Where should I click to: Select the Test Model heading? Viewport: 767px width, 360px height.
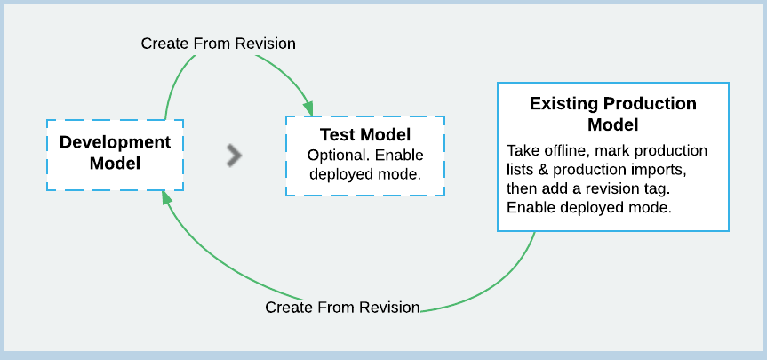point(364,135)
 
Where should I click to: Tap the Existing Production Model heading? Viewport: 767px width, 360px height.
point(612,114)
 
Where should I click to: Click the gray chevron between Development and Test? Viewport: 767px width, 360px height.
point(234,155)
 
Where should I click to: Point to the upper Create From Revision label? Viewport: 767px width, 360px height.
point(218,43)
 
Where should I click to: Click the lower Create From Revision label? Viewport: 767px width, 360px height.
point(342,308)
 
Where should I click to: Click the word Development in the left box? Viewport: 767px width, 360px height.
point(115,142)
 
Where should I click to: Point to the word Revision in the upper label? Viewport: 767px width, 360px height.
point(264,43)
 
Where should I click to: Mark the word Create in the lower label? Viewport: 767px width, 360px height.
point(288,308)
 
